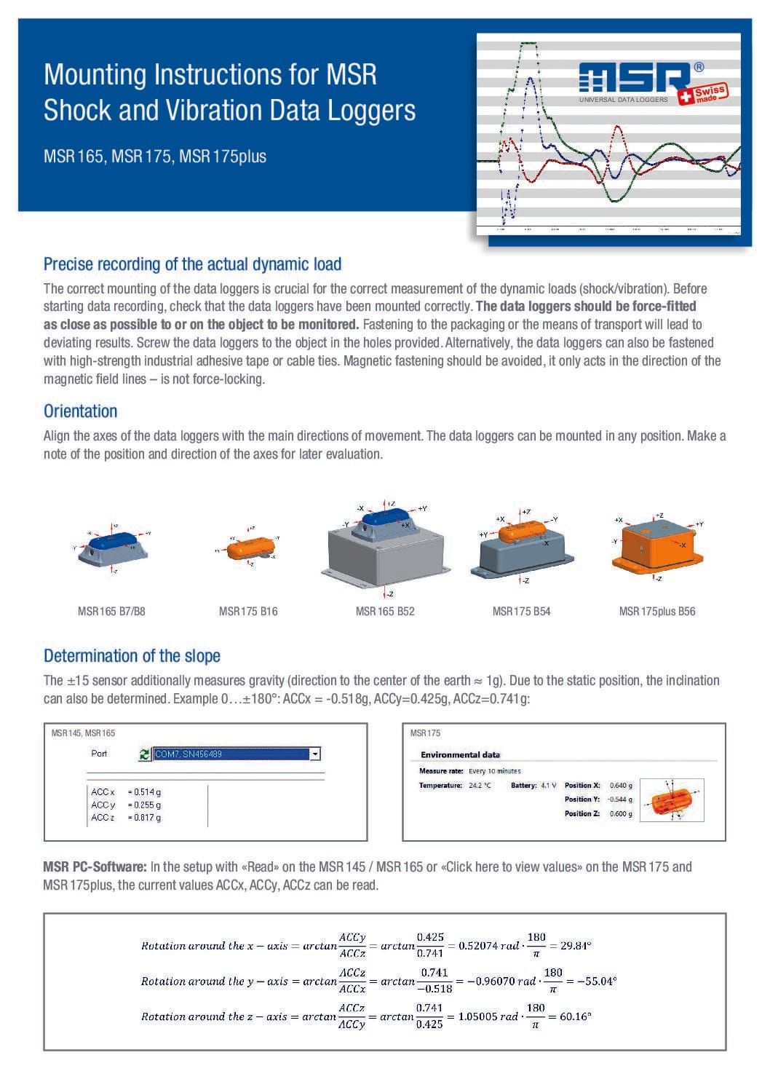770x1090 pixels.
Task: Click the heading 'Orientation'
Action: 80,411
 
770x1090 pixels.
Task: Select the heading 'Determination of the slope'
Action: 132,656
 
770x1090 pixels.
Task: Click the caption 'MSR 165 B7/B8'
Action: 111,612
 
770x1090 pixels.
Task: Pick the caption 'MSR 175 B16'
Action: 248,612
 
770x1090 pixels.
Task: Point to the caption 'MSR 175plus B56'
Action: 656,612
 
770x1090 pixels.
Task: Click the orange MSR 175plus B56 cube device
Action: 655,546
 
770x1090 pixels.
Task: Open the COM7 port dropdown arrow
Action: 315,754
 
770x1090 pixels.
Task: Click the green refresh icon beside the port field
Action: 145,754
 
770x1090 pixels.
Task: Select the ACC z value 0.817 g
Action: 145,818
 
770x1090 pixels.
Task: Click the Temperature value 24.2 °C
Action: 480,786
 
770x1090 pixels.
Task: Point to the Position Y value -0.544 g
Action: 620,799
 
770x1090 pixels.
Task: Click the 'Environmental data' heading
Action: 460,755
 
